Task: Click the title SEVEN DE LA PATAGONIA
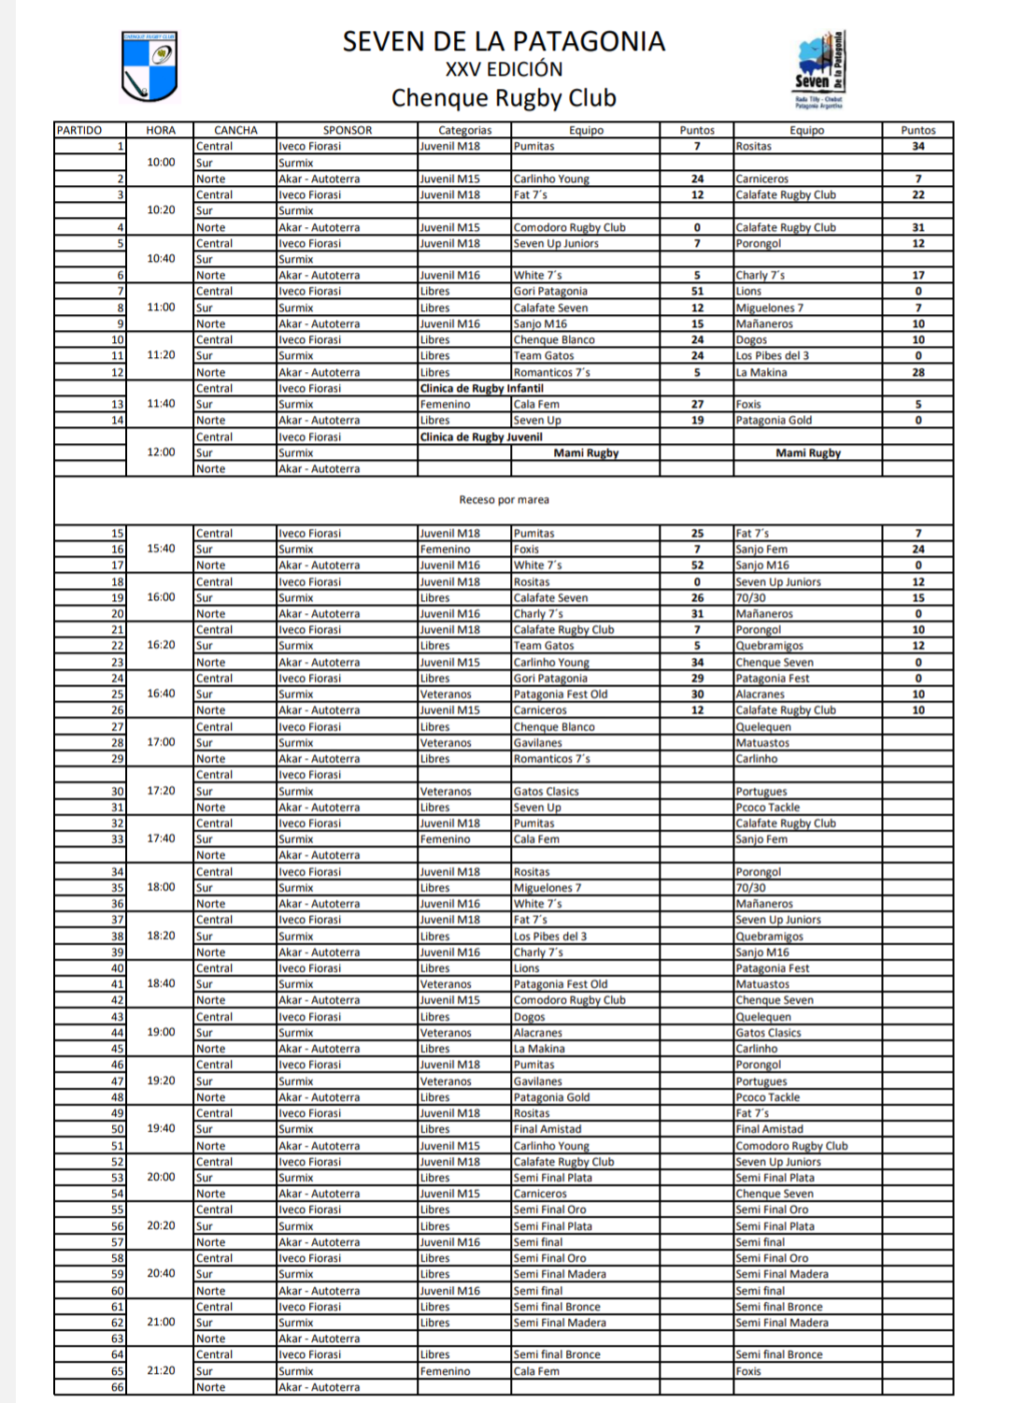pos(504,42)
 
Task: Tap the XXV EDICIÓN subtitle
pos(504,69)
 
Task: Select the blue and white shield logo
pos(149,66)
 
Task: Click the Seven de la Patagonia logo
pos(819,70)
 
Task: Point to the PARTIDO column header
pos(79,130)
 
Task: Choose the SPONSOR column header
pos(348,130)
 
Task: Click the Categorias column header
pos(464,130)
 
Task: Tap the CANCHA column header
pos(235,130)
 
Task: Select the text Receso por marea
pos(504,500)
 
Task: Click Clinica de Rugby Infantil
pos(481,388)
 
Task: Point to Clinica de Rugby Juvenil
pos(481,437)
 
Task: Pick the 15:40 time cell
pos(161,549)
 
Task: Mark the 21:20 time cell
pos(161,1370)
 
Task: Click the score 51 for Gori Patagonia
pos(697,292)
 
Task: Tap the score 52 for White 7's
pos(697,565)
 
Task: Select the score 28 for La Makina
pos(917,372)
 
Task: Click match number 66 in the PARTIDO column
pos(118,1387)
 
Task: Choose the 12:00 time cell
pos(161,452)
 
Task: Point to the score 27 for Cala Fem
pos(697,405)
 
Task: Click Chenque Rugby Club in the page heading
pos(504,98)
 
